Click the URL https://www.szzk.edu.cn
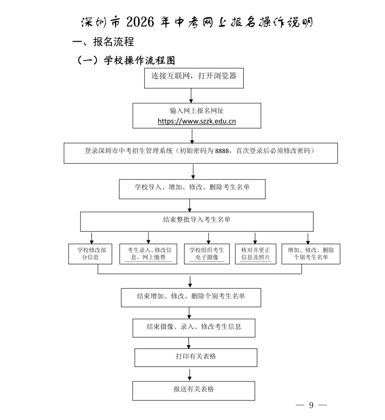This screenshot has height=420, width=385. pos(196,121)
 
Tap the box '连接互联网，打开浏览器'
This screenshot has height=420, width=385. pos(194,78)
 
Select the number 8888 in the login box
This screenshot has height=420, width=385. pos(222,151)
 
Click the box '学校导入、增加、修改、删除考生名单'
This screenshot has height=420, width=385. pos(192,189)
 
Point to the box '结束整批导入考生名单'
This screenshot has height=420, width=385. pos(196,221)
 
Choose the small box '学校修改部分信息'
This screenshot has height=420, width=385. pos(90,254)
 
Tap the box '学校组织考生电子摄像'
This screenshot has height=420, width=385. pos(207,254)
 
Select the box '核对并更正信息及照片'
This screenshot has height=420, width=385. pos(255,254)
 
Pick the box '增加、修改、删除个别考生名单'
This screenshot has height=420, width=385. pos(310,254)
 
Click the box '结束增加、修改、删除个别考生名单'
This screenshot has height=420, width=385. pos(191,297)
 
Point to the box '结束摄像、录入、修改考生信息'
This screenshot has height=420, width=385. pos(194,328)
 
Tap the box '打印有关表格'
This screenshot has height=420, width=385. pos(196,357)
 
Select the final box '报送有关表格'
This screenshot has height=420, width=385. pos(194,390)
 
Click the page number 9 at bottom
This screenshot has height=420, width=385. pos(311,405)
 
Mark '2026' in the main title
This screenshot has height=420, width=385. pos(140,22)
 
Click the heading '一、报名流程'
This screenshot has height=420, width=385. pos(103,42)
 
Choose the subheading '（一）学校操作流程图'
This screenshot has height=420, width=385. pos(126,60)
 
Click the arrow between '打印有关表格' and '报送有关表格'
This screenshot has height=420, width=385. pos(189,374)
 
